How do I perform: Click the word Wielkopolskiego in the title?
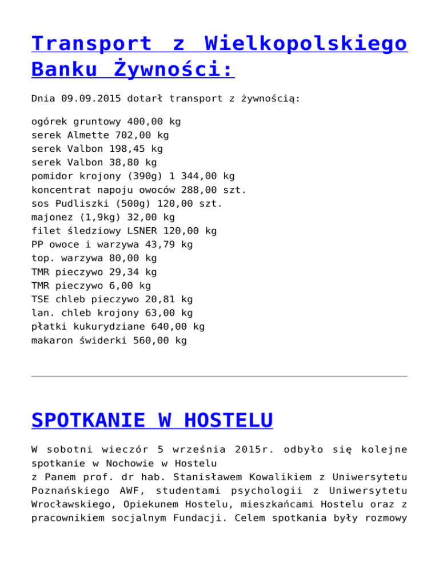click(305, 44)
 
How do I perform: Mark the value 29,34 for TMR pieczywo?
click(125, 272)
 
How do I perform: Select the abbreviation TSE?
click(40, 299)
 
